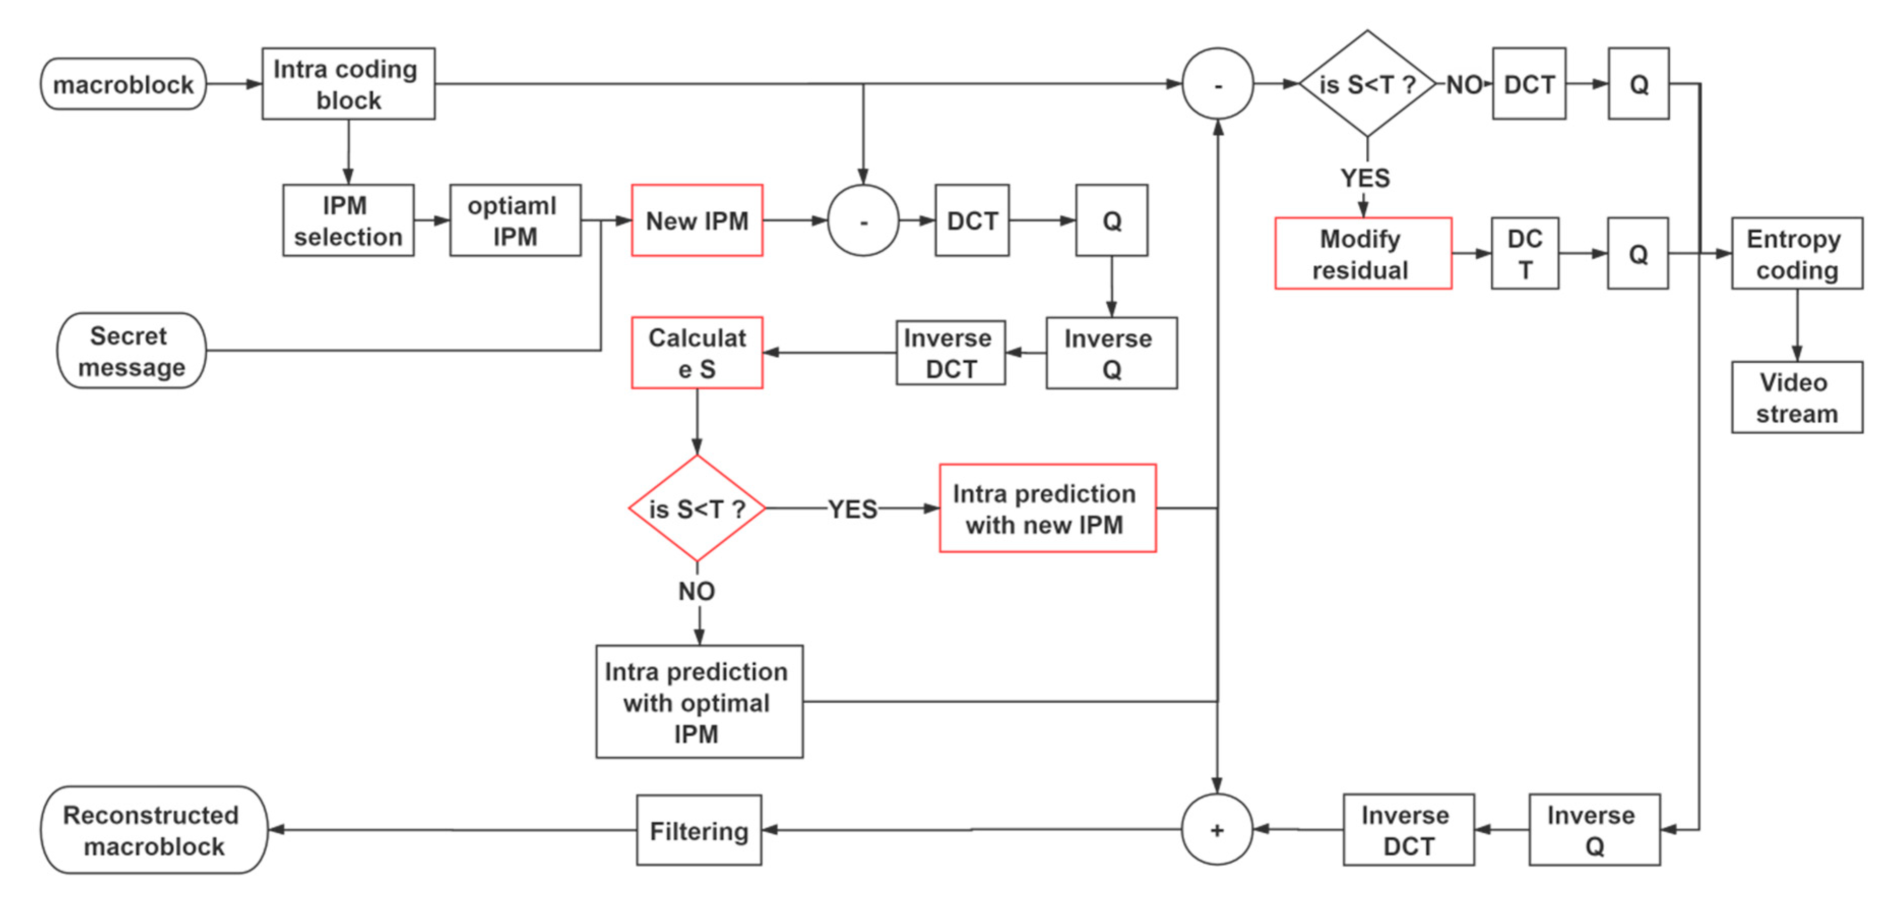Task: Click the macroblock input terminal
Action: pyautogui.click(x=123, y=84)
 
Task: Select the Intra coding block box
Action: pyautogui.click(x=348, y=84)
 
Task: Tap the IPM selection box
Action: pyautogui.click(x=348, y=220)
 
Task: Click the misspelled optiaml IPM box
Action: pyautogui.click(x=515, y=220)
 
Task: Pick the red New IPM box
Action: pyautogui.click(x=697, y=220)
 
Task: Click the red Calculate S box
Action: pyautogui.click(x=697, y=353)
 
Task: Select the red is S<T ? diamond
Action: pyautogui.click(x=697, y=508)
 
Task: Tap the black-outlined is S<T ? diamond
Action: pyautogui.click(x=1366, y=84)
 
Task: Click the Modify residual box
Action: pyautogui.click(x=1362, y=253)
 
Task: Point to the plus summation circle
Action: pyautogui.click(x=1216, y=830)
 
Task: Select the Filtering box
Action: pyautogui.click(x=698, y=830)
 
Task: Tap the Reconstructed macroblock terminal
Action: pyautogui.click(x=153, y=830)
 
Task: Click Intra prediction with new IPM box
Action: pyautogui.click(x=1047, y=508)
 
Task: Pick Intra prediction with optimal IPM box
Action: pyautogui.click(x=699, y=702)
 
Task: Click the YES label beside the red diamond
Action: pyautogui.click(x=852, y=509)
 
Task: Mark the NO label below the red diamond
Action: pyautogui.click(x=696, y=591)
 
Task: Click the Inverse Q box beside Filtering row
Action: pyautogui.click(x=1594, y=830)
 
